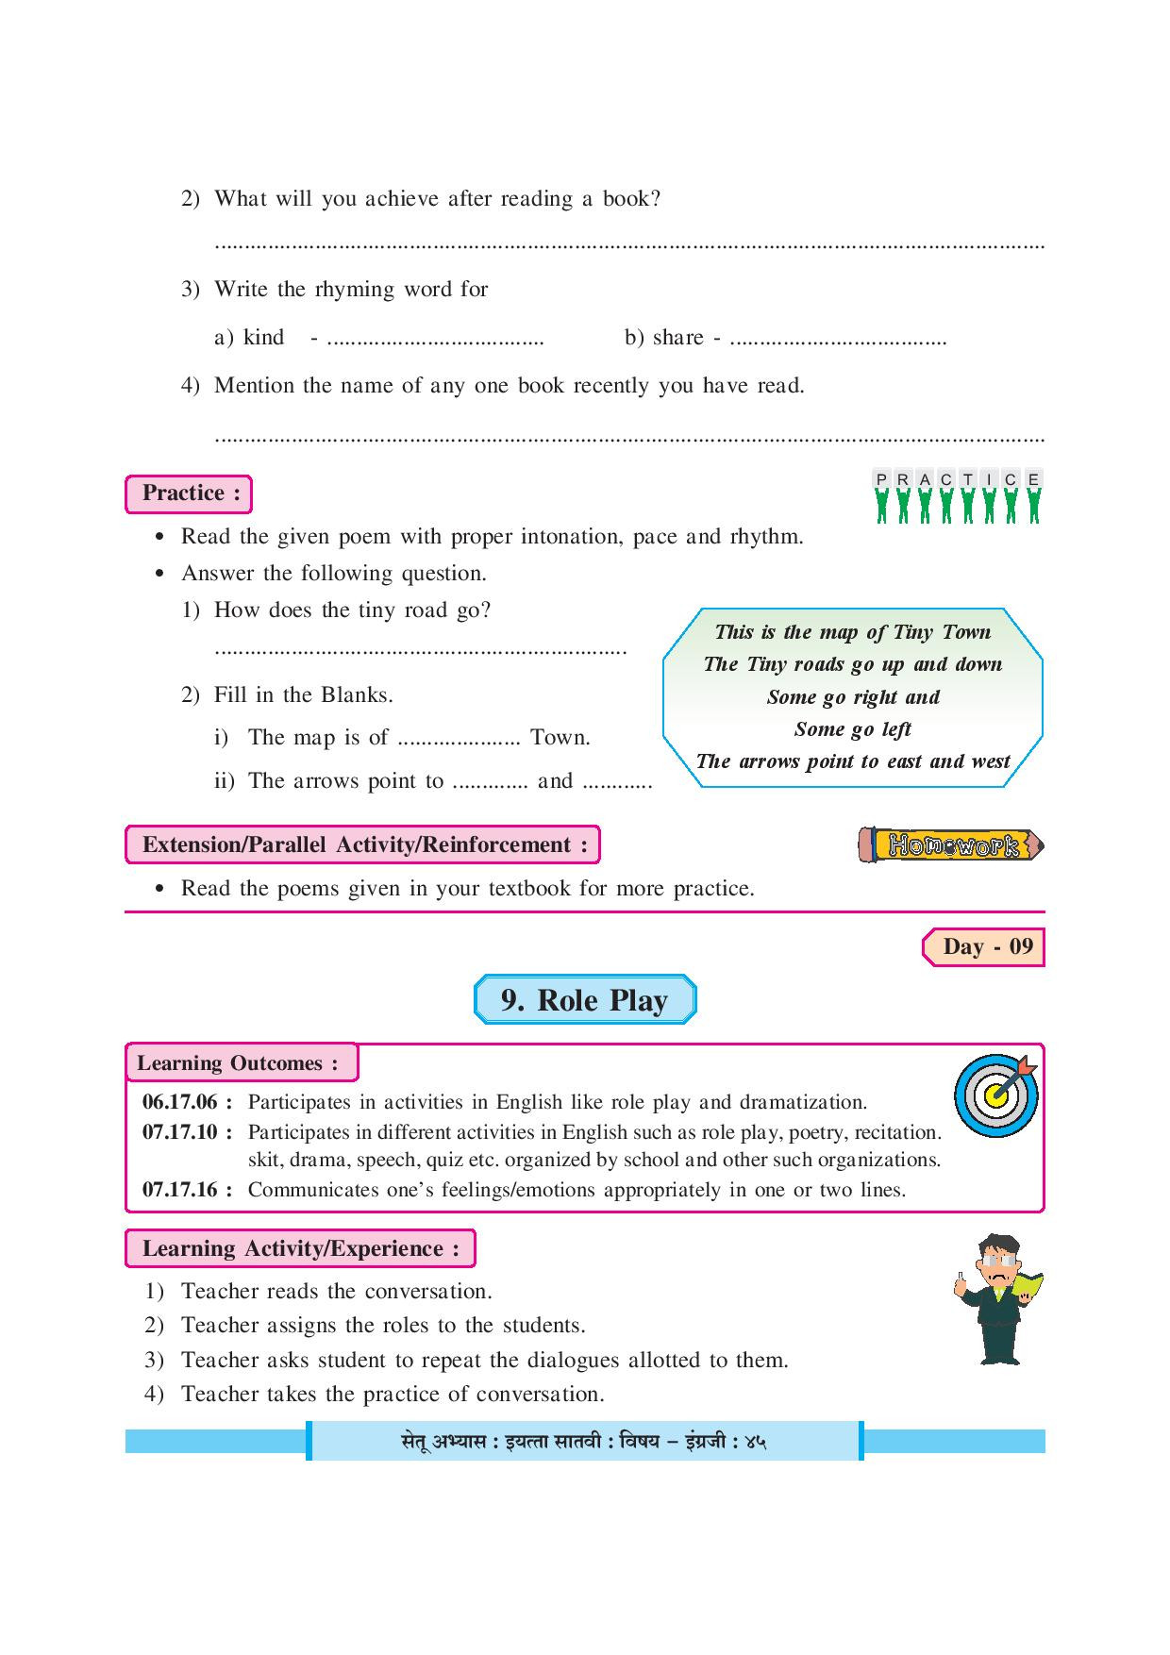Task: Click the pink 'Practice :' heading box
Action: click(x=189, y=493)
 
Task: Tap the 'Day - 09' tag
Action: click(x=983, y=947)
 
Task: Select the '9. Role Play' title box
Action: click(x=584, y=1000)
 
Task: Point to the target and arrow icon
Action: click(x=996, y=1095)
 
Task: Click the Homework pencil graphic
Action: click(x=951, y=845)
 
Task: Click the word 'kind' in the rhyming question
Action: click(x=263, y=338)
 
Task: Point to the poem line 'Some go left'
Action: click(x=852, y=729)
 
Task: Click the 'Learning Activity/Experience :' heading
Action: click(x=300, y=1249)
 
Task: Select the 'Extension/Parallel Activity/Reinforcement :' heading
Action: click(x=362, y=845)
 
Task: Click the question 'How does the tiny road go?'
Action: click(x=352, y=610)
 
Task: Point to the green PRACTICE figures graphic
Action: click(x=957, y=497)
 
